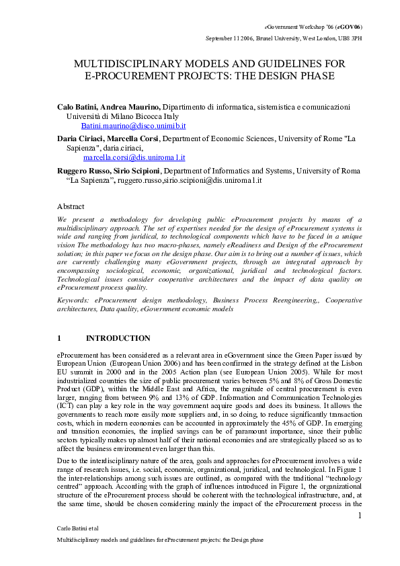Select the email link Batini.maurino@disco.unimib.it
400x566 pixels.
tap(133, 126)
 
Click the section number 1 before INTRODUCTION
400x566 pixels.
tap(59, 337)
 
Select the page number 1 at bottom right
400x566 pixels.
tap(360, 515)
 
